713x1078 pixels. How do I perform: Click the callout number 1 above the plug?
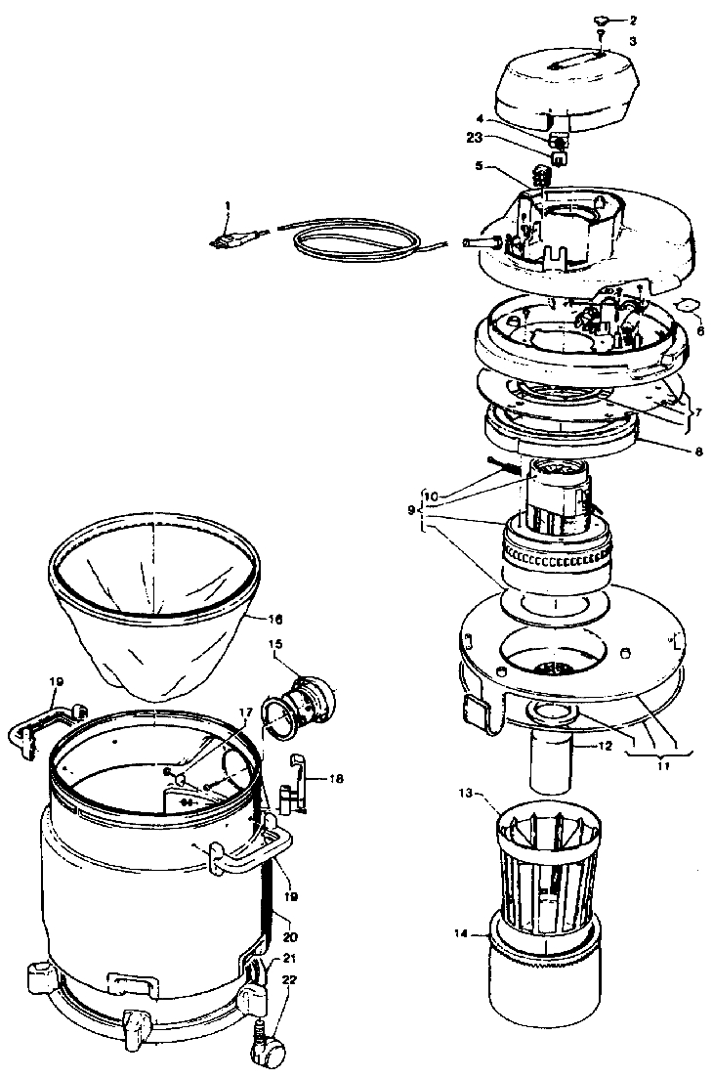click(x=228, y=206)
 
